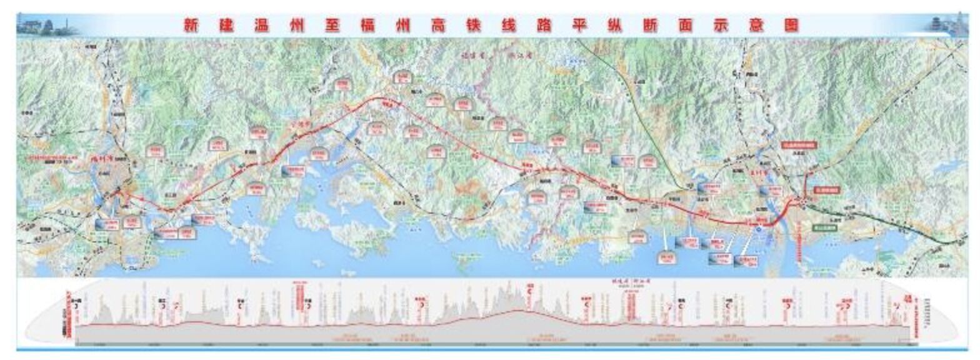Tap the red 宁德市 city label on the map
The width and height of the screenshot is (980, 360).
[x=302, y=124]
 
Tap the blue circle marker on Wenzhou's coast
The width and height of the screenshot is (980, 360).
[x=758, y=230]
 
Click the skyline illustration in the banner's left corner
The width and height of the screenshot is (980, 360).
[x=47, y=26]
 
